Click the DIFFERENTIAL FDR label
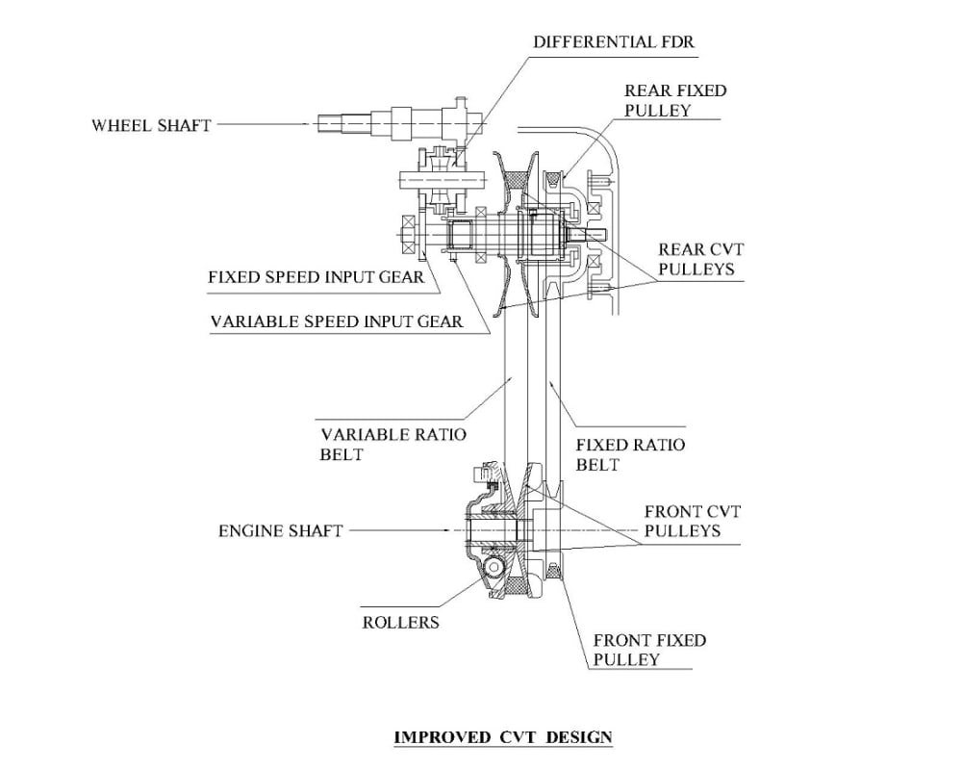[613, 41]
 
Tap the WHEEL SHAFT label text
[151, 125]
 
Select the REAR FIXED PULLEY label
[675, 100]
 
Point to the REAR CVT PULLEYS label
[700, 259]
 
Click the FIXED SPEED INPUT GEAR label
[316, 277]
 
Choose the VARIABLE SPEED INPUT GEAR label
[336, 321]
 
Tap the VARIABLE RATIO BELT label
[392, 445]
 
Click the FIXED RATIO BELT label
[630, 454]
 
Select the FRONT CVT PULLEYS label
[692, 521]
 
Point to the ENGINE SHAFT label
[280, 530]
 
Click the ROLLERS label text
[400, 623]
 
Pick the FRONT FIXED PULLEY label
[649, 650]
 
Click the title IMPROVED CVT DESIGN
[502, 737]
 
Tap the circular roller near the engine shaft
[494, 567]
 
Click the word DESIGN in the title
[579, 737]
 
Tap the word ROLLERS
[400, 623]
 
